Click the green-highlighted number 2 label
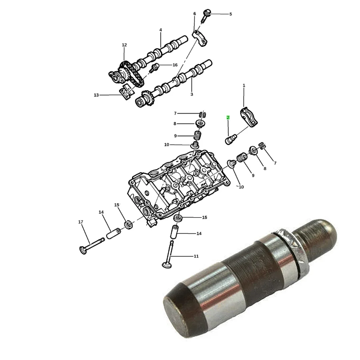228,118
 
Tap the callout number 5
231,14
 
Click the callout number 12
124,45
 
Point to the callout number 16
175,65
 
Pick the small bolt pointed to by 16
154,68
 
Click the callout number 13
96,95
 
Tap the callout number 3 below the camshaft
192,94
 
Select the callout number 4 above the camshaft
161,30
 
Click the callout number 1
244,86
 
